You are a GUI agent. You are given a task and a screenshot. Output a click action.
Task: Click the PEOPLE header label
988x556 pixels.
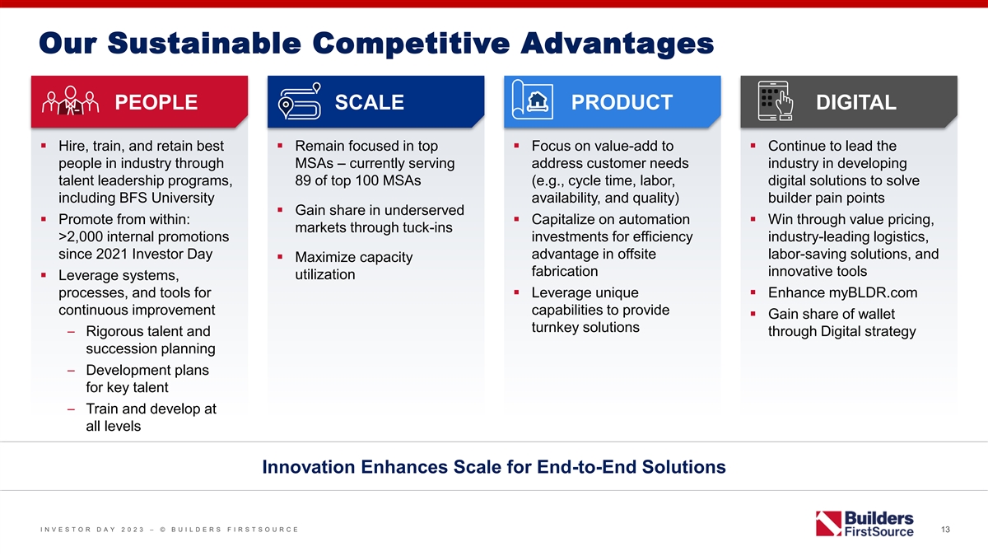pyautogui.click(x=156, y=102)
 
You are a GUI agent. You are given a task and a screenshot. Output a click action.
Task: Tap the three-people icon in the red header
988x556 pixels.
pyautogui.click(x=70, y=100)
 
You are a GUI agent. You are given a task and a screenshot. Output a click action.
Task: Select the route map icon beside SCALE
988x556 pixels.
pyautogui.click(x=300, y=100)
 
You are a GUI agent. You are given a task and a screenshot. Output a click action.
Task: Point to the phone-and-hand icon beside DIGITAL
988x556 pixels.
pyautogui.click(x=775, y=100)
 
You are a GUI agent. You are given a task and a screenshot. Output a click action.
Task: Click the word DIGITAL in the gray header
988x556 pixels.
pyautogui.click(x=855, y=102)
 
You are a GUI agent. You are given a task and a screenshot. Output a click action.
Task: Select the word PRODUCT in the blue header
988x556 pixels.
pyautogui.click(x=622, y=102)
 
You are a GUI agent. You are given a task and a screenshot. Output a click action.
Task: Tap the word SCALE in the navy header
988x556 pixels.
pyautogui.click(x=369, y=102)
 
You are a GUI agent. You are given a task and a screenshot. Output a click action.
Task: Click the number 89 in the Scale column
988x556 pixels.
pyautogui.click(x=303, y=180)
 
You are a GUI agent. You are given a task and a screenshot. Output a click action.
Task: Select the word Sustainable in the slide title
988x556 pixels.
pyautogui.click(x=204, y=43)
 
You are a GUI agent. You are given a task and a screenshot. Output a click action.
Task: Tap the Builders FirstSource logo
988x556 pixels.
pyautogui.click(x=864, y=524)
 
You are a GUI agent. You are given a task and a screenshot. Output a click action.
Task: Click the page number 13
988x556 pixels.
pyautogui.click(x=945, y=529)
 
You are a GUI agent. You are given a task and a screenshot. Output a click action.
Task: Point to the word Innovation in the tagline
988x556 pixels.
pyautogui.click(x=308, y=467)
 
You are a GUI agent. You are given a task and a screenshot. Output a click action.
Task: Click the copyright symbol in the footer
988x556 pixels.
pyautogui.click(x=163, y=530)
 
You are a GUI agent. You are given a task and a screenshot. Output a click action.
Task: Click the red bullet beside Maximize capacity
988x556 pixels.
pyautogui.click(x=280, y=256)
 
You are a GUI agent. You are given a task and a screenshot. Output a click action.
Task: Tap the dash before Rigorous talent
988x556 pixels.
pyautogui.click(x=71, y=332)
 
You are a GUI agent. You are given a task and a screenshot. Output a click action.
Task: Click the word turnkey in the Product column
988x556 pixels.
pyautogui.click(x=555, y=328)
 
